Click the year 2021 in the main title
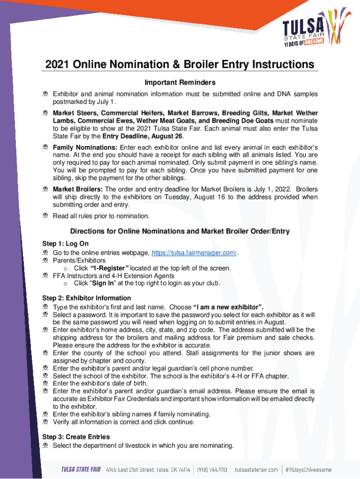(x=58, y=65)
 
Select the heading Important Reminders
(x=180, y=82)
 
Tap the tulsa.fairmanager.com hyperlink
(x=194, y=253)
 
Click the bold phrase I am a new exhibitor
(x=228, y=307)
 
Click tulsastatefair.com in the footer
(x=256, y=470)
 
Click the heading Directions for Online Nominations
(x=180, y=231)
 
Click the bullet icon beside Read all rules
(x=46, y=216)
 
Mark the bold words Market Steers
(x=74, y=113)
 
